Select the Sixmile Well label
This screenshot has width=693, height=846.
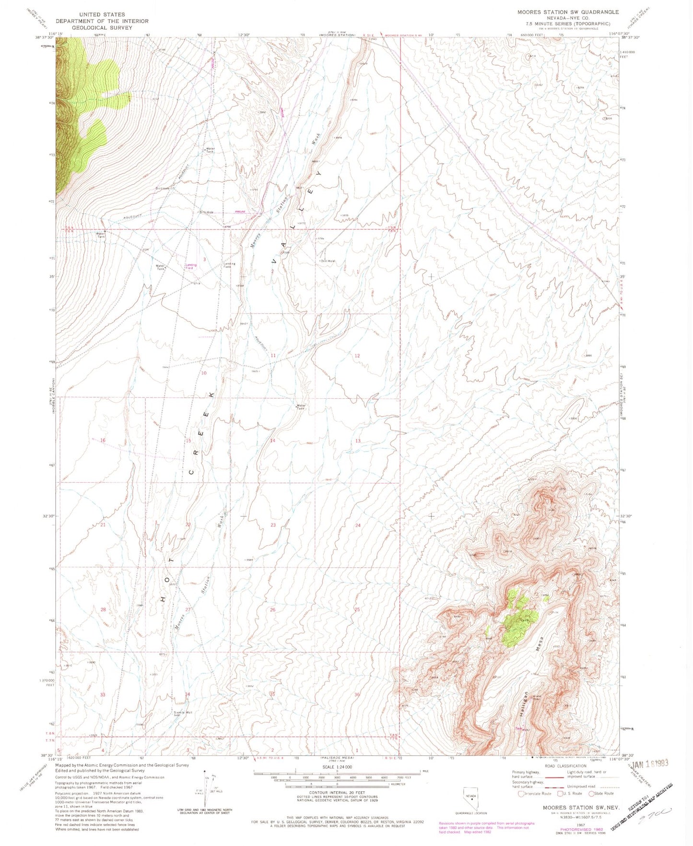[183, 712]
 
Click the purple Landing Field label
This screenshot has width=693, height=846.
[191, 266]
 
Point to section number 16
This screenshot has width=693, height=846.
[103, 440]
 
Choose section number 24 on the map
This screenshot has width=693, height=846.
[358, 525]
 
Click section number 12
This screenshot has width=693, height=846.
[357, 356]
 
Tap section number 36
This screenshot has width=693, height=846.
[357, 694]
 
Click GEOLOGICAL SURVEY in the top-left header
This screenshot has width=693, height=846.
[102, 28]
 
